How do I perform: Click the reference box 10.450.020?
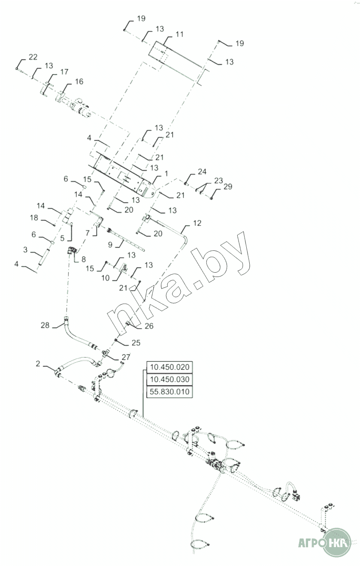pos(169,367)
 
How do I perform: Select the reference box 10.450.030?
pos(169,380)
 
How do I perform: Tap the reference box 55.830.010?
pos(169,392)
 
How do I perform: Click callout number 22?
pos(33,57)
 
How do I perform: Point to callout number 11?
pos(179,34)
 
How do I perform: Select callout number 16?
pos(79,82)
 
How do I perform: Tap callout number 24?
pos(202,172)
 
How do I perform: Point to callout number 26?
pos(149,326)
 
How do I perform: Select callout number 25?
pos(136,343)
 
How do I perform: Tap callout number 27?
pos(126,357)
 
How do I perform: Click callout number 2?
pos(38,364)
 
